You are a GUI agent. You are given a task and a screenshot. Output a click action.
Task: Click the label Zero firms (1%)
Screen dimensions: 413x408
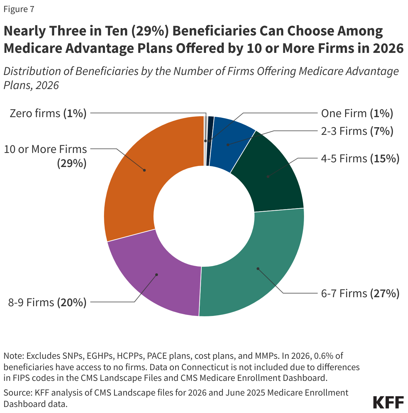click(x=48, y=113)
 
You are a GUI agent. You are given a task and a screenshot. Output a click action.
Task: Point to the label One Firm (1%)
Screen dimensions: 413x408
click(x=357, y=113)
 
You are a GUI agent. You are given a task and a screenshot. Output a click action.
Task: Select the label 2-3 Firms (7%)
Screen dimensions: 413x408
click(x=357, y=131)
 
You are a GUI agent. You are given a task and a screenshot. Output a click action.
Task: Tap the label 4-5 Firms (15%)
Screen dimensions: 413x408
click(x=360, y=158)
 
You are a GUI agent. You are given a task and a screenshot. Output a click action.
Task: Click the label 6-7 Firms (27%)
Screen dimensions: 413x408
click(x=360, y=294)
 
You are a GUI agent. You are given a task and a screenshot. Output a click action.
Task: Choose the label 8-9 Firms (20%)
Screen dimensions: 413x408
click(x=47, y=303)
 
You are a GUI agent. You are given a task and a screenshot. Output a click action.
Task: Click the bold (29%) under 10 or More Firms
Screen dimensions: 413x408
click(x=72, y=164)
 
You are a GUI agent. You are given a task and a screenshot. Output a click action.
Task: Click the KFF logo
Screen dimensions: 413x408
click(x=388, y=402)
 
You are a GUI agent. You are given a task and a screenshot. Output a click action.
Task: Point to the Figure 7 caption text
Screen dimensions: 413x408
click(x=19, y=9)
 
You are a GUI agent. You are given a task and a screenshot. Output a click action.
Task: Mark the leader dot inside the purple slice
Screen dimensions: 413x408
click(x=157, y=275)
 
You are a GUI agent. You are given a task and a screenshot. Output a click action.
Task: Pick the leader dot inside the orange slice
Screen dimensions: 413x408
click(x=144, y=170)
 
